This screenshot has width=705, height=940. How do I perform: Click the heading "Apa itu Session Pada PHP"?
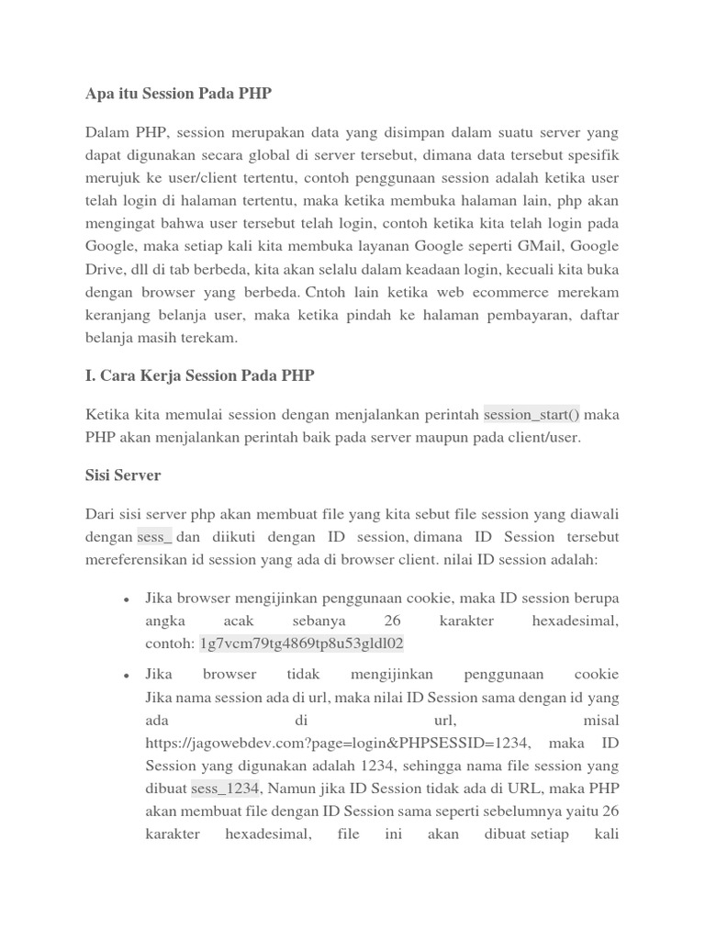(178, 94)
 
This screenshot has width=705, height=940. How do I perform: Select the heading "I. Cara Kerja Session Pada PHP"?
(200, 375)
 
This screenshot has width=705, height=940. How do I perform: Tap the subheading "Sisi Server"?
(123, 476)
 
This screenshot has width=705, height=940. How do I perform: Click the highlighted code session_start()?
(532, 415)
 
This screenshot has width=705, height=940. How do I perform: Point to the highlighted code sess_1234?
(226, 789)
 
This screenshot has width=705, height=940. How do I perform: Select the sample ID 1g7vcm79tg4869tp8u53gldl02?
(301, 644)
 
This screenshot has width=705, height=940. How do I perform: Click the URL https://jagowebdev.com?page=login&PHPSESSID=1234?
(337, 743)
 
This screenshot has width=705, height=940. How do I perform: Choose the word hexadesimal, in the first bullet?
(576, 621)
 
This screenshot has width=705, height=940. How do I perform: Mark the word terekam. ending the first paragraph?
(210, 338)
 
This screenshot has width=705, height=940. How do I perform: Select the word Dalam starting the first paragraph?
(109, 131)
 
